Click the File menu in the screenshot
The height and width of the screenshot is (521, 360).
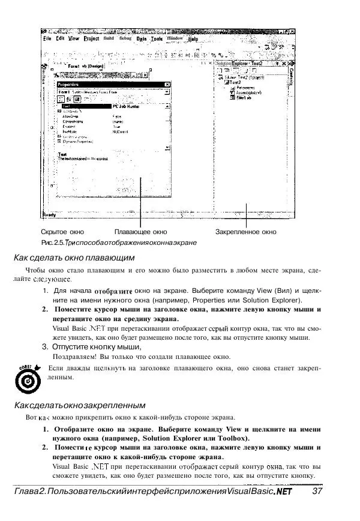click(47, 38)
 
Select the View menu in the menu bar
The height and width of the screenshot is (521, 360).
click(73, 38)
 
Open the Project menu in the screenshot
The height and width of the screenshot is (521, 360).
click(91, 38)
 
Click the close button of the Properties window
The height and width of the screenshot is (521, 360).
click(166, 85)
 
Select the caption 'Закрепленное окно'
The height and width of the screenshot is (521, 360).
click(246, 231)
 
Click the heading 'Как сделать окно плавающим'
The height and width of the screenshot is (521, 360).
click(77, 258)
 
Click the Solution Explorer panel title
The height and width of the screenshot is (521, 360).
click(239, 62)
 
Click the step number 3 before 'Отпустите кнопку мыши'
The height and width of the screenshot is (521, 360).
click(45, 346)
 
